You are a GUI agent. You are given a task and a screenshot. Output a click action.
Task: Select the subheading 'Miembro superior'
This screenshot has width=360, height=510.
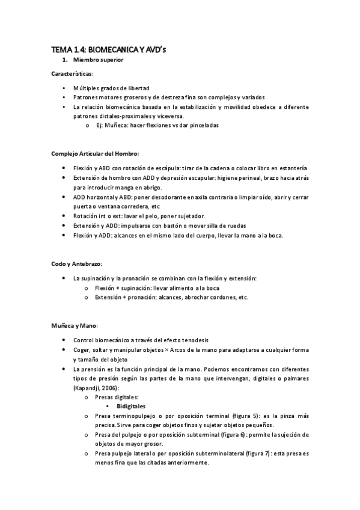(97, 61)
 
